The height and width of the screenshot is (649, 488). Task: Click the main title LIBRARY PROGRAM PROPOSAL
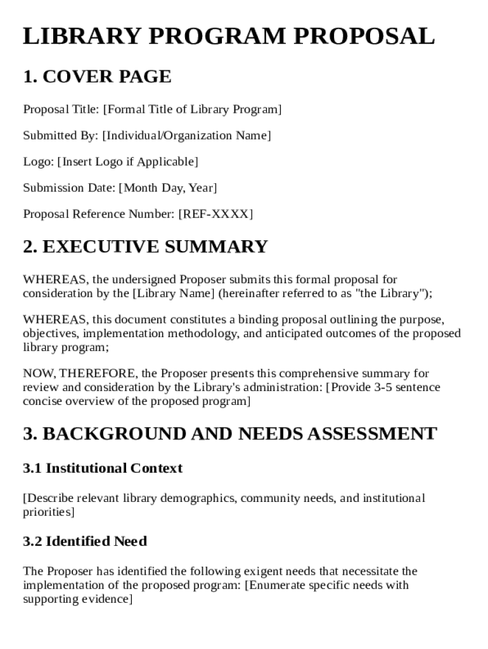(229, 37)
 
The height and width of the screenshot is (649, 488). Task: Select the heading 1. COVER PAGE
(97, 77)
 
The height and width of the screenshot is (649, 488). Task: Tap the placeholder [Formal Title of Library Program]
(192, 110)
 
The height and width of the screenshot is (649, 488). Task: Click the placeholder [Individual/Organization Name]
(186, 136)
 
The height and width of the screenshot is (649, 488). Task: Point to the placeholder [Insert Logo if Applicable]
(127, 162)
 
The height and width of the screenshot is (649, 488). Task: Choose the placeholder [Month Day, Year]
(168, 188)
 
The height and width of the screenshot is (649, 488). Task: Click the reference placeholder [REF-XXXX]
(215, 214)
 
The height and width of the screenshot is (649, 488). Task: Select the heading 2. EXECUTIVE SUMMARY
(145, 247)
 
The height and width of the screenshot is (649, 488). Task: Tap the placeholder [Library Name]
(173, 293)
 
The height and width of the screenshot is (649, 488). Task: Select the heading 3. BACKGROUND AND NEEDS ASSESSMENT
(229, 434)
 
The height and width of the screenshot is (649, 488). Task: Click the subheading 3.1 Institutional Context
(103, 468)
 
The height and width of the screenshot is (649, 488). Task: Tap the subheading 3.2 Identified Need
(85, 541)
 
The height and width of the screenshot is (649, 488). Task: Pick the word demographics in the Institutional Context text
(198, 498)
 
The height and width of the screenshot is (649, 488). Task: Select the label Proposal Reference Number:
(98, 214)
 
